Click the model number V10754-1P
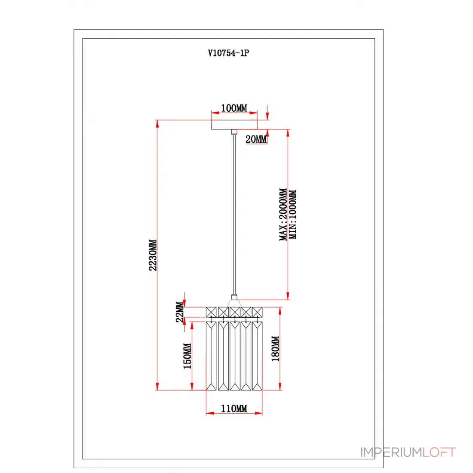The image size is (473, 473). tap(228, 53)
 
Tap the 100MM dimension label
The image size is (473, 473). tap(234, 108)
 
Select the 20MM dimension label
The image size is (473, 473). tap(256, 139)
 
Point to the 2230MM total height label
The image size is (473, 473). tap(153, 255)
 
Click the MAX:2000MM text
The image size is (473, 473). tap(283, 214)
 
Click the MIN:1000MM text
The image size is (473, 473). tap(292, 215)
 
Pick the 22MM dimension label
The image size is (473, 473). tap(179, 312)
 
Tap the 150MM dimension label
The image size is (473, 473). tap(187, 356)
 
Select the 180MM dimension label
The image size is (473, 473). tap(275, 349)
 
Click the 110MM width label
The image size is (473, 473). tap(234, 409)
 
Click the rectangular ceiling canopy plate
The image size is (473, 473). tap(234, 125)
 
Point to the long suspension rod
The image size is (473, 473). tap(234, 214)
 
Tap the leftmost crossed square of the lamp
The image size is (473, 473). tap(211, 312)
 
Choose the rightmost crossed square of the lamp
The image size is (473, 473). tap(257, 312)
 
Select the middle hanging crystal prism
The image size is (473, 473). tap(235, 356)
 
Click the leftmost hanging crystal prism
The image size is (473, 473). tap(211, 356)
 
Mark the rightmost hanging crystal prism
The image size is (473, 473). tap(257, 356)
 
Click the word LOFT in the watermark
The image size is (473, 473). tap(439, 452)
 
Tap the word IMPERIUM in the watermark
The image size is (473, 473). tap(391, 452)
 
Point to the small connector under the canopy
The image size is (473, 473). tap(234, 132)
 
